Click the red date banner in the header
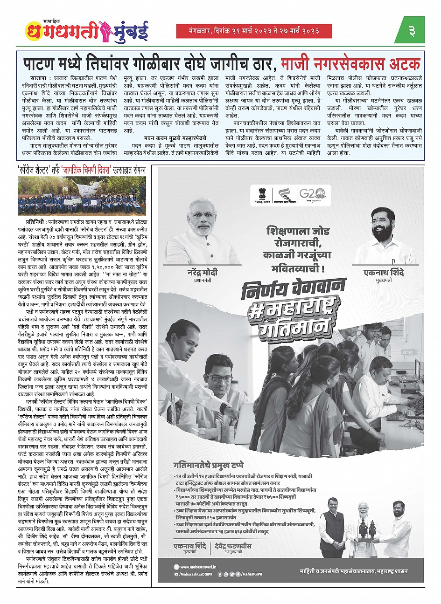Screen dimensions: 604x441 pyautogui.click(x=254, y=31)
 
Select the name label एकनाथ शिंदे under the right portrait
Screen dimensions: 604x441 pyautogui.click(x=384, y=273)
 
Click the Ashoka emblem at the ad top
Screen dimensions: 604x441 pyautogui.click(x=260, y=192)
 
